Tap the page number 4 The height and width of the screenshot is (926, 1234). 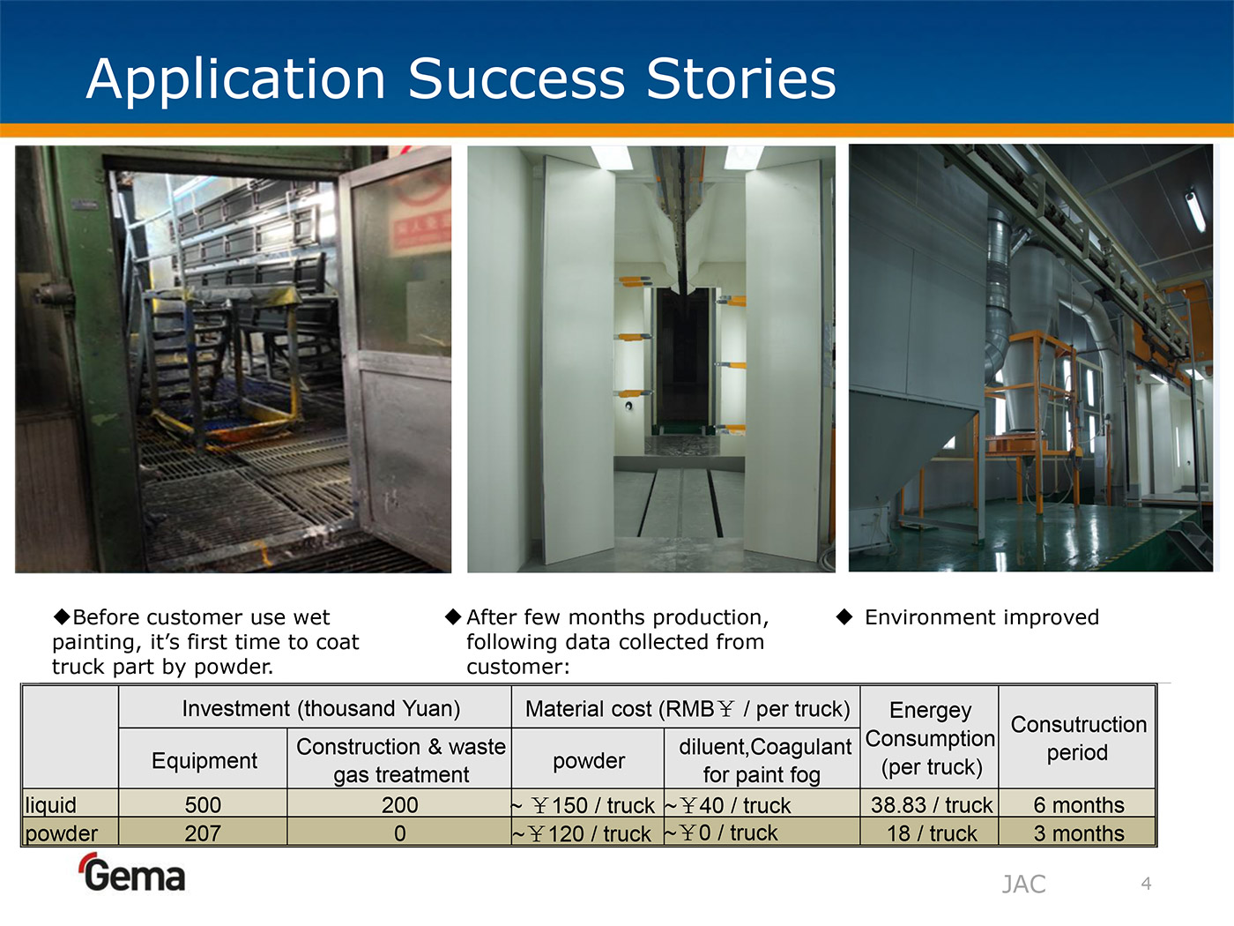tap(1147, 884)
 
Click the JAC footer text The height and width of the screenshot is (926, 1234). tap(1023, 885)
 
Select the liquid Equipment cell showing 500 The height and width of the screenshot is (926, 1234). tap(203, 805)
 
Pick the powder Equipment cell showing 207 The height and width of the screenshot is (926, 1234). tap(203, 833)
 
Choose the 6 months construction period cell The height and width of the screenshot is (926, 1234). tap(1078, 805)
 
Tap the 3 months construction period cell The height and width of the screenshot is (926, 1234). tap(1078, 833)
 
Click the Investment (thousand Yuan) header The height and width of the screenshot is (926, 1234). tap(321, 708)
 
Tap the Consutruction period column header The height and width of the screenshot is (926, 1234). tap(1078, 738)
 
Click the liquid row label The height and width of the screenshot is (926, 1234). tap(50, 805)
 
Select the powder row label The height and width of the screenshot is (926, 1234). tap(62, 833)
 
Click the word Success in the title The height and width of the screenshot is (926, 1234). tap(516, 78)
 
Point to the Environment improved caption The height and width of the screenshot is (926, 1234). tap(981, 617)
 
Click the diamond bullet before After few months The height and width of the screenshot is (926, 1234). tap(452, 616)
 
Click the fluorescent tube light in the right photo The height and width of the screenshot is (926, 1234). tap(1195, 210)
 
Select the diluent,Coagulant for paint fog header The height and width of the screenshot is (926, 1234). tap(764, 761)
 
